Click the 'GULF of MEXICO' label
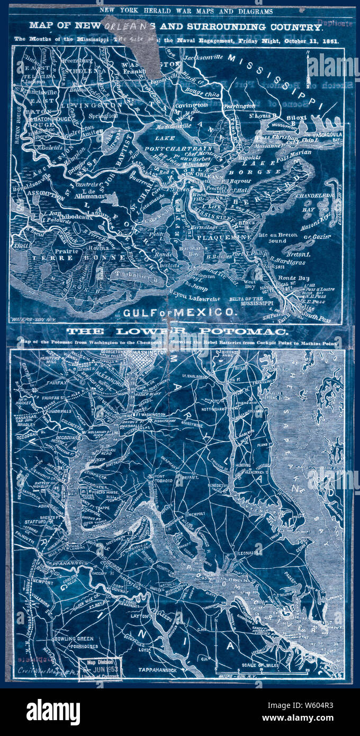pyautogui.click(x=179, y=312)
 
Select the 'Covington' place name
pyautogui.click(x=191, y=105)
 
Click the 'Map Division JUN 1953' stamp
pyautogui.click(x=101, y=669)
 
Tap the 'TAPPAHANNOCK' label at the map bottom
pyautogui.click(x=162, y=670)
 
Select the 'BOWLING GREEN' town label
pyautogui.click(x=73, y=639)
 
